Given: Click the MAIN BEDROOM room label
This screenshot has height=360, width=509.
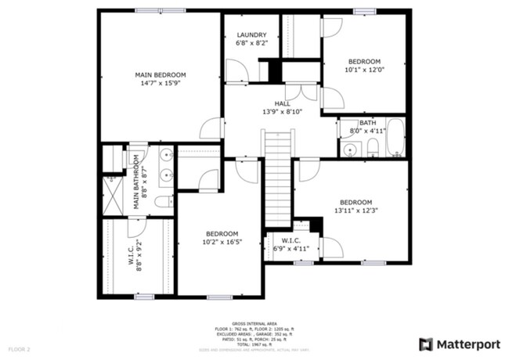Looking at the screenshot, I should point(159,74).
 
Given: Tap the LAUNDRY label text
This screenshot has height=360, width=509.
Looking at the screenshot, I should point(251,35).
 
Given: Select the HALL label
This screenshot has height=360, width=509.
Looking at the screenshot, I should point(282,103).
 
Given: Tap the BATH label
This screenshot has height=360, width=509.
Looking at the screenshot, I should point(367,124).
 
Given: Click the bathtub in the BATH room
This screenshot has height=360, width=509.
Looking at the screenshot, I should point(395,139).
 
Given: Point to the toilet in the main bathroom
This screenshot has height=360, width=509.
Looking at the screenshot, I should point(163,201).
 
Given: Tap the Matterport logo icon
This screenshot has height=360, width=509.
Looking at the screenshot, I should point(425,344).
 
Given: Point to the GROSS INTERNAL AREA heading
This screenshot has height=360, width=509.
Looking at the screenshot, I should point(254,322).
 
